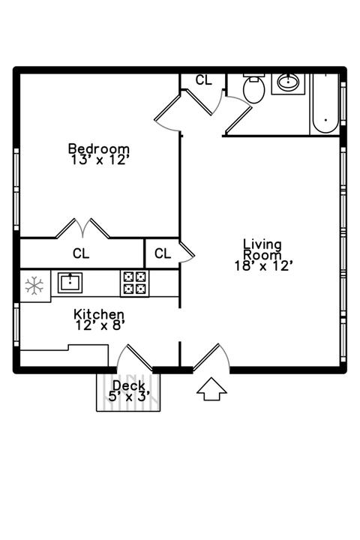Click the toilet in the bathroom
pos(254,88)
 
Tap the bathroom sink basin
pos(288,82)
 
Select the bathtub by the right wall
pos(325,103)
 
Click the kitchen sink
pos(70,283)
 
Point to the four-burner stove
pos(135,283)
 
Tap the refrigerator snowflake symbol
pos(34,286)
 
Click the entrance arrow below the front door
pos(211,388)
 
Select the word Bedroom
pos(99,148)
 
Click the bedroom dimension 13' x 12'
pos(100,160)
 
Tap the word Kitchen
pos(99,314)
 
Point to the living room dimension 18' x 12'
pos(263,265)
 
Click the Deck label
pos(129,385)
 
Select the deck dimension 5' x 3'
pos(129,397)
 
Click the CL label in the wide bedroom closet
pos(81,253)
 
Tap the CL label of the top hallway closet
pos(203,80)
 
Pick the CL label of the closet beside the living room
pos(163,253)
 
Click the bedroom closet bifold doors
pos(82,228)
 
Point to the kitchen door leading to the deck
pos(134,358)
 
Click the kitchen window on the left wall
pos(16,325)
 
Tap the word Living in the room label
pos(262,244)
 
